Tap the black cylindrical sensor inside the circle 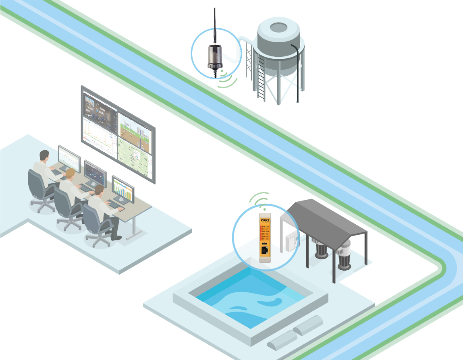215,56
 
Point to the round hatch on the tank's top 278,27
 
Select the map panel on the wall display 135,161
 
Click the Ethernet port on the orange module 264,250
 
